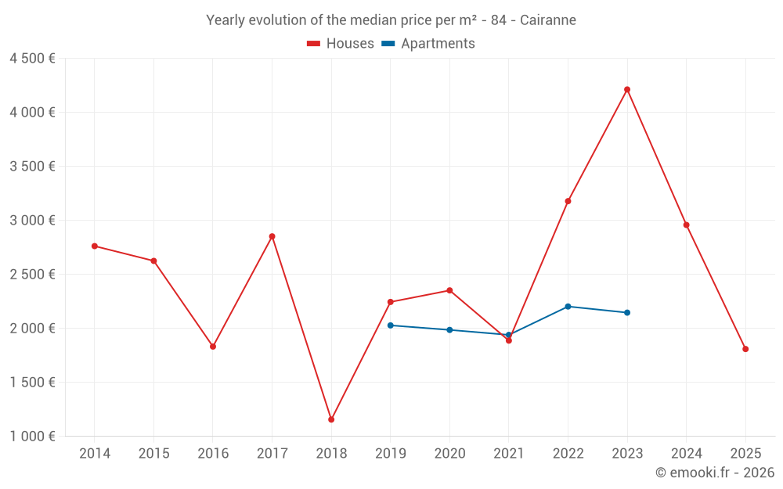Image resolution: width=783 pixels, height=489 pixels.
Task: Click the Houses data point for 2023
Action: point(627,89)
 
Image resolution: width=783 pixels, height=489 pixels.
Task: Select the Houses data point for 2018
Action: point(331,419)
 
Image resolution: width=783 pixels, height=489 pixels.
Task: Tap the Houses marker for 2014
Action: point(95,246)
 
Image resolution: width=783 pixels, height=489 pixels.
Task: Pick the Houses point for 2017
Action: point(272,236)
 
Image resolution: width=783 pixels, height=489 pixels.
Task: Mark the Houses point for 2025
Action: point(745,349)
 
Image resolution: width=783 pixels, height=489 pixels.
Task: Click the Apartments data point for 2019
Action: point(390,325)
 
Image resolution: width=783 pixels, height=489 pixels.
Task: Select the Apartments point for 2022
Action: point(568,306)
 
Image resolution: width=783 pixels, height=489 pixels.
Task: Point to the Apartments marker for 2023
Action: point(627,312)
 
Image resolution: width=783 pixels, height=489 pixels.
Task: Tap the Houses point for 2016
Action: point(213,346)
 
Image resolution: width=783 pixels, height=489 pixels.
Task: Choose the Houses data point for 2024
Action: point(686,225)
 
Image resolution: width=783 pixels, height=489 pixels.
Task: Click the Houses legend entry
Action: point(341,44)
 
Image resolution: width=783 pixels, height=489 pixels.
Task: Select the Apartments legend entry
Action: point(428,44)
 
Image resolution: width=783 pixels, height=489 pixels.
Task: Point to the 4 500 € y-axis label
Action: point(32,59)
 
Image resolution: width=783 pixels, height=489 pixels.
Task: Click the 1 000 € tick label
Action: point(32,437)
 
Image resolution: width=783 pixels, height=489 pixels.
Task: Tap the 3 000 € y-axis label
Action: point(32,221)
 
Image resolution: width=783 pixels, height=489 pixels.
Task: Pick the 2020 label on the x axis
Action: point(449,454)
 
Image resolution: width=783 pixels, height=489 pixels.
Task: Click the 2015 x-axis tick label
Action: point(153,454)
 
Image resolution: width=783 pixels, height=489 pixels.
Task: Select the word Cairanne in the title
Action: point(548,20)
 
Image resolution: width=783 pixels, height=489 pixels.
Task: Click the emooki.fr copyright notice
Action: point(714,473)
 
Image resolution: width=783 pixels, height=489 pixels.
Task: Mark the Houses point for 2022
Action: point(568,201)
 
